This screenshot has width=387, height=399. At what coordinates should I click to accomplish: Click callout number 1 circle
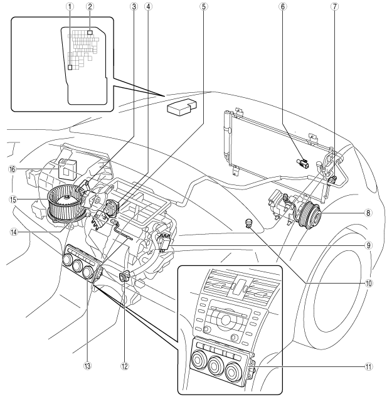tap(70, 7)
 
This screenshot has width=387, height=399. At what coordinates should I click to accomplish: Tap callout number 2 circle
tap(90, 7)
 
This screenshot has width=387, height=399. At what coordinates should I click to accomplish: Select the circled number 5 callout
tap(203, 7)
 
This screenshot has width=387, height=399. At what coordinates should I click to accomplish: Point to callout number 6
tap(282, 7)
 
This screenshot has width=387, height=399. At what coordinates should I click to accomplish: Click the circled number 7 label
tap(334, 7)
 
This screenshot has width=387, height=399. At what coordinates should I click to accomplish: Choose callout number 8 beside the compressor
tap(368, 213)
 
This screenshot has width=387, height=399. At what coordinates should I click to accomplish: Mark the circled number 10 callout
tap(368, 283)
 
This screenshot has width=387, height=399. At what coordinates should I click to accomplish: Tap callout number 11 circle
tap(368, 366)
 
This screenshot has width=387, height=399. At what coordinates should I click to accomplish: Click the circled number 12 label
tap(125, 366)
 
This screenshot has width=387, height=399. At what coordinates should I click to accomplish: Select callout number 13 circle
tap(87, 366)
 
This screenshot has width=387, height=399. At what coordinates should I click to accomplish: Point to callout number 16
tap(12, 169)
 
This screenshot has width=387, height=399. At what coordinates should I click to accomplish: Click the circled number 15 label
tap(13, 199)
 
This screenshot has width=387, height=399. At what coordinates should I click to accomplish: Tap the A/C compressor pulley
tap(310, 213)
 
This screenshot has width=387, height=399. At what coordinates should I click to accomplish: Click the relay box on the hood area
tap(181, 105)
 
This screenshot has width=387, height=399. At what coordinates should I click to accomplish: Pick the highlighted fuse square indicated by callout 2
tap(90, 33)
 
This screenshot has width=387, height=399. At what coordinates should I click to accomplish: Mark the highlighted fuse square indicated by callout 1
tap(70, 67)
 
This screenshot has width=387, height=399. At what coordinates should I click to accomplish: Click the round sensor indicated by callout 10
tap(248, 223)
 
